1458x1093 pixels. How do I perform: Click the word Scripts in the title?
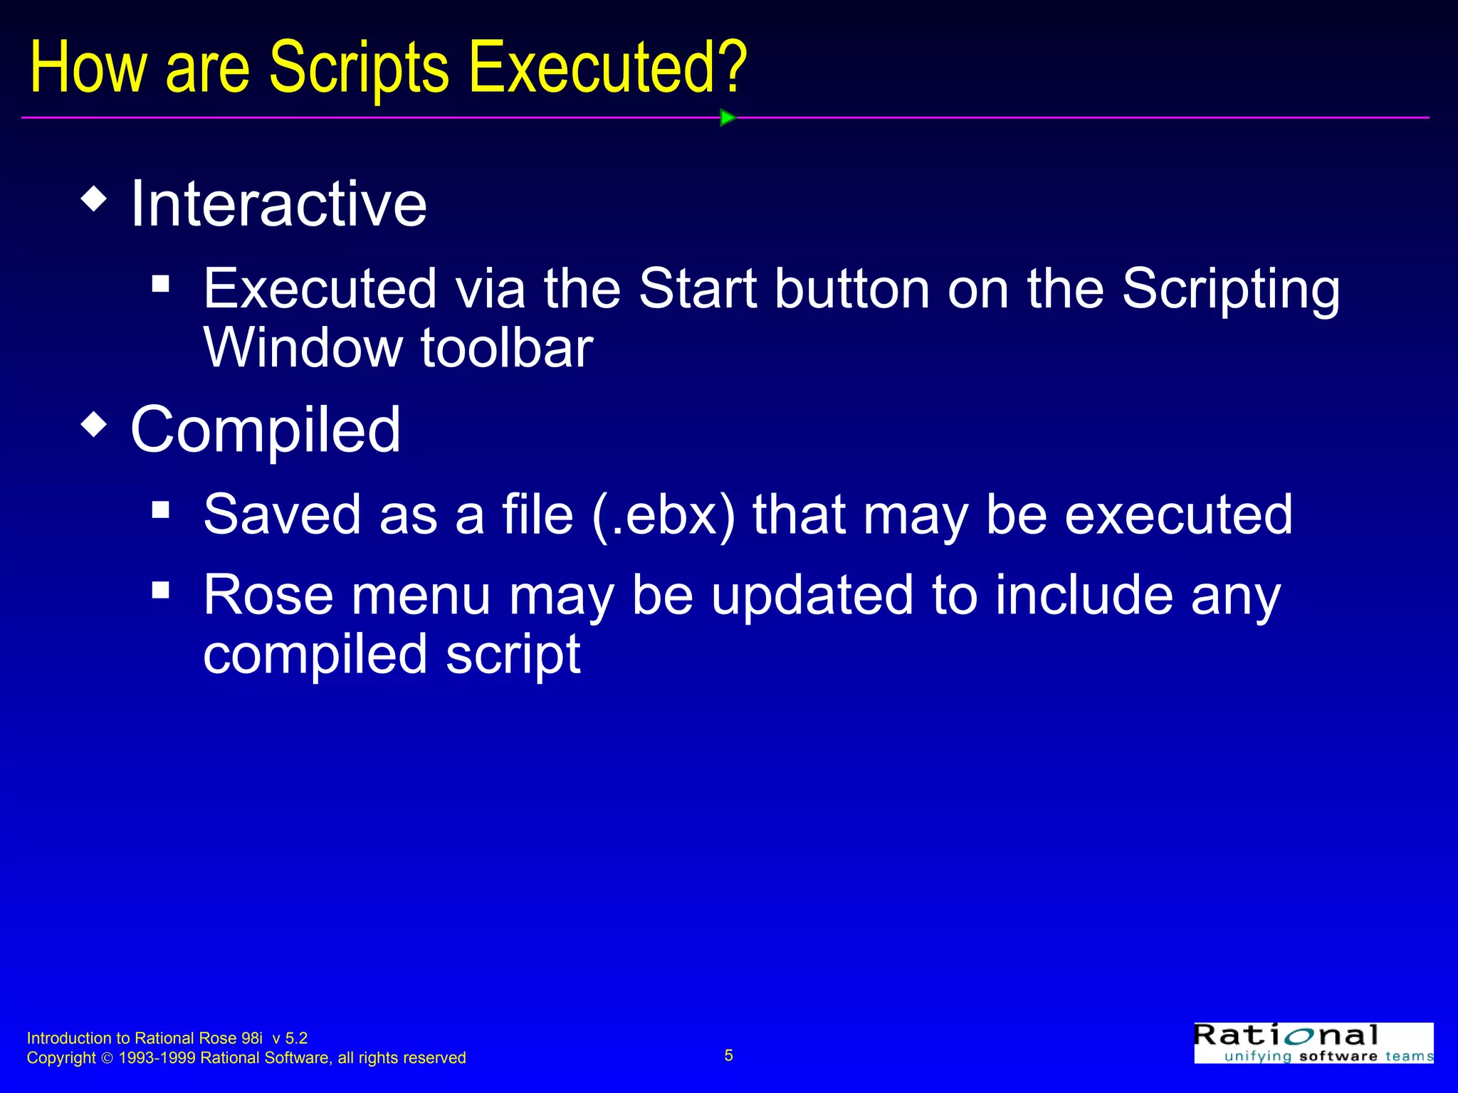click(x=359, y=68)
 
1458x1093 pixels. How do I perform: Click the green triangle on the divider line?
click(x=728, y=117)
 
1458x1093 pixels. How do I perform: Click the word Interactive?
click(x=278, y=204)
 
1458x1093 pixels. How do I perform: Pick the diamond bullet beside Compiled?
click(x=94, y=425)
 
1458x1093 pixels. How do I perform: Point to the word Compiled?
click(x=266, y=431)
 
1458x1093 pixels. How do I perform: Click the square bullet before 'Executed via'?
click(x=161, y=284)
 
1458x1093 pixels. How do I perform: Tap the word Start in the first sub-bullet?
click(x=698, y=289)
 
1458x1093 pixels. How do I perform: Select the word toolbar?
click(x=506, y=348)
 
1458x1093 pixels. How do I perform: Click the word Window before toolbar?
click(x=303, y=348)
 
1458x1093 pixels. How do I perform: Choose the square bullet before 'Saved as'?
click(x=161, y=509)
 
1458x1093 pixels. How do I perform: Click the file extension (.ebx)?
click(x=663, y=515)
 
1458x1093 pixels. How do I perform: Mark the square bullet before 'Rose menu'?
click(x=161, y=590)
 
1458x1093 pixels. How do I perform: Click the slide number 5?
click(x=728, y=1055)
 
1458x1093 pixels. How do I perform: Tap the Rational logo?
click(x=1313, y=1042)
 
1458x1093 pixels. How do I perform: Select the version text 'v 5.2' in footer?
click(x=290, y=1038)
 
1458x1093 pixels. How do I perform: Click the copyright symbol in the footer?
click(x=107, y=1059)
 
